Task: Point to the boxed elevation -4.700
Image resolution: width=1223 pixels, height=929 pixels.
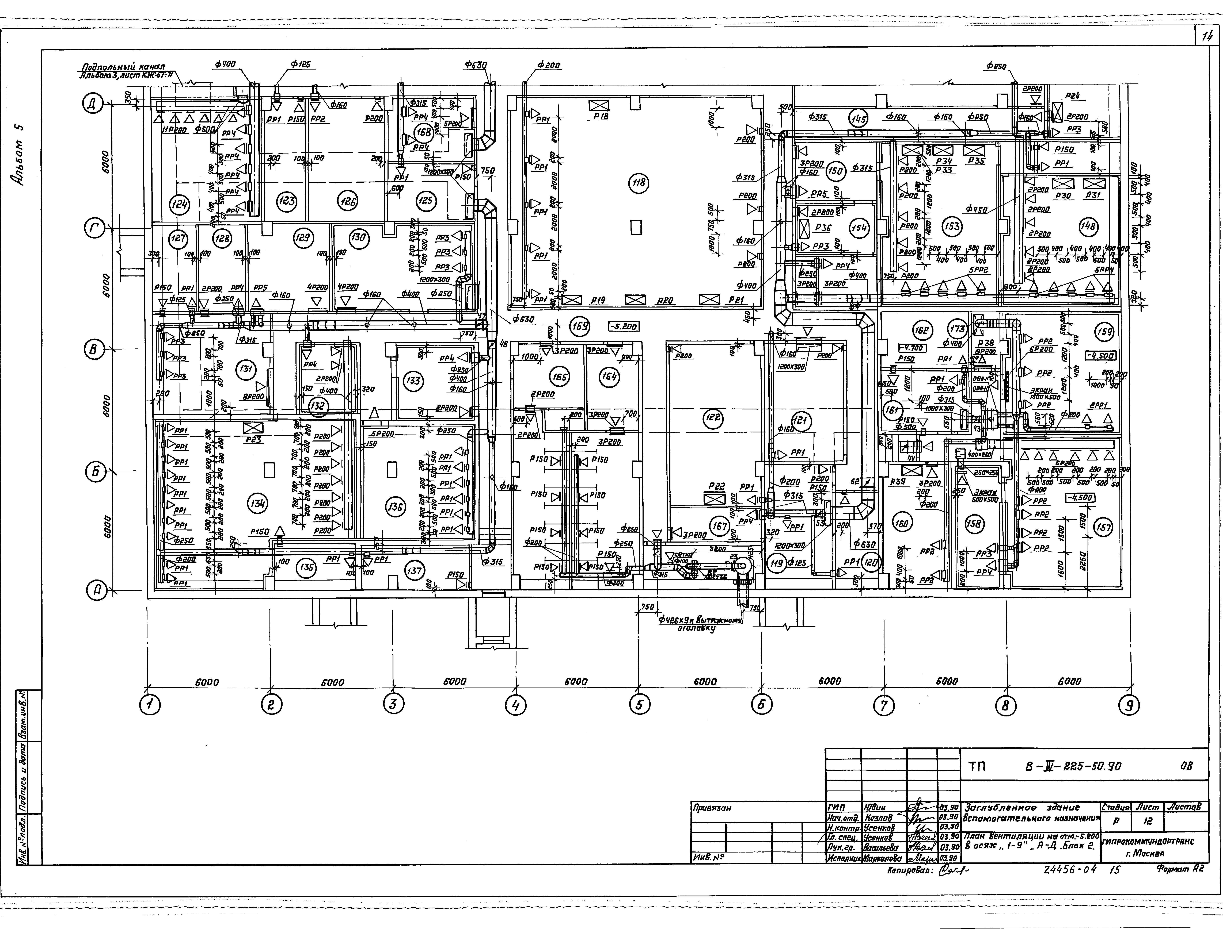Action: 911,348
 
